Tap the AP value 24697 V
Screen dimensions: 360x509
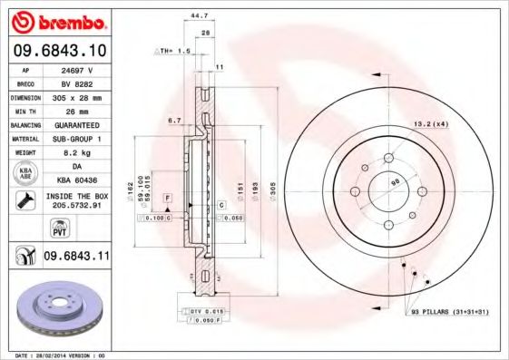(76, 69)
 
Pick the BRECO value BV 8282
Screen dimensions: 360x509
(76, 82)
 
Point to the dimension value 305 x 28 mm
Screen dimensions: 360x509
(76, 96)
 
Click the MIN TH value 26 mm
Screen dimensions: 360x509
(76, 110)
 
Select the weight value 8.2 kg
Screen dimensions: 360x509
(76, 152)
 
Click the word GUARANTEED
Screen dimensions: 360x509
(76, 124)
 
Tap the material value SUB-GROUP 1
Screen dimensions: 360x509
(76, 139)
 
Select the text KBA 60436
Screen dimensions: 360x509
(76, 180)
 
